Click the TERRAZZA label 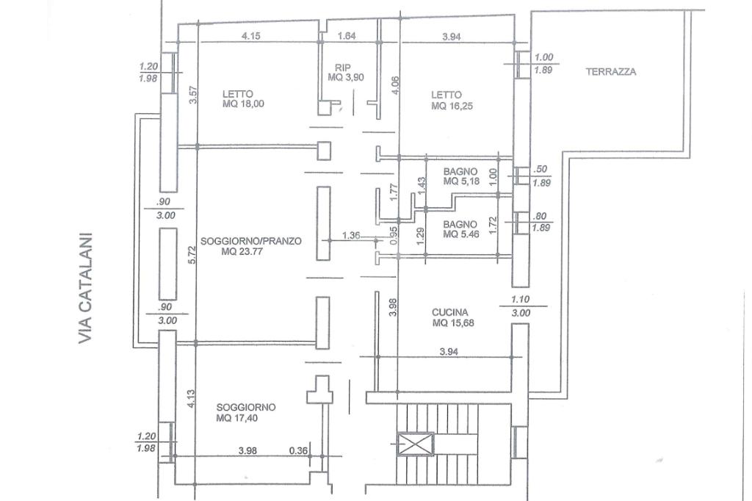(x=610, y=72)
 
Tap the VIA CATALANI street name (x=86, y=289)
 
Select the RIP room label (x=343, y=67)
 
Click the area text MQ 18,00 (x=242, y=104)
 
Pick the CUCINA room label (x=450, y=311)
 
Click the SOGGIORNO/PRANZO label (x=250, y=240)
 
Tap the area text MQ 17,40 (x=237, y=418)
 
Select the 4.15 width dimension (x=250, y=36)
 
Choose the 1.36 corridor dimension (x=352, y=236)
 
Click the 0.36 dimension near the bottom (x=298, y=450)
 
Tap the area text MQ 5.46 (x=460, y=234)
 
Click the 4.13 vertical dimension (x=191, y=397)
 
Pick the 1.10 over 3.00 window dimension (x=520, y=306)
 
